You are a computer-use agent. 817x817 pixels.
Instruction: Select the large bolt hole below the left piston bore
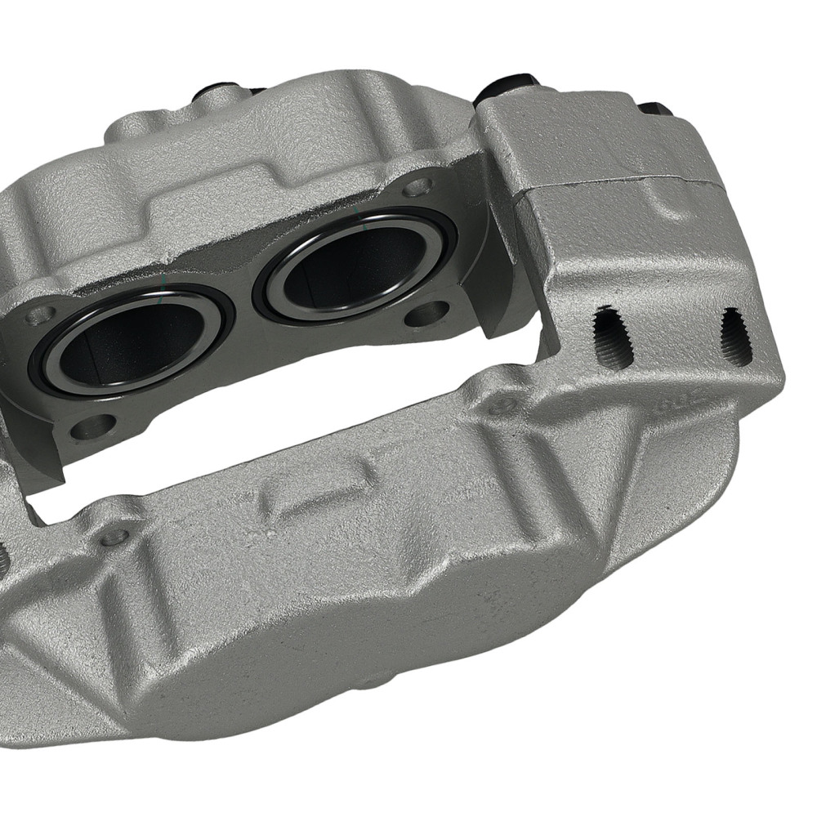[x=94, y=426]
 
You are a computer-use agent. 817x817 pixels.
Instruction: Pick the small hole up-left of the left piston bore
[x=37, y=315]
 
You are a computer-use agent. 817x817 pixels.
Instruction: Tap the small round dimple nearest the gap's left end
[x=115, y=536]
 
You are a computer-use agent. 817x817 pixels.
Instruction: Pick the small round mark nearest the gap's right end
[x=500, y=404]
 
